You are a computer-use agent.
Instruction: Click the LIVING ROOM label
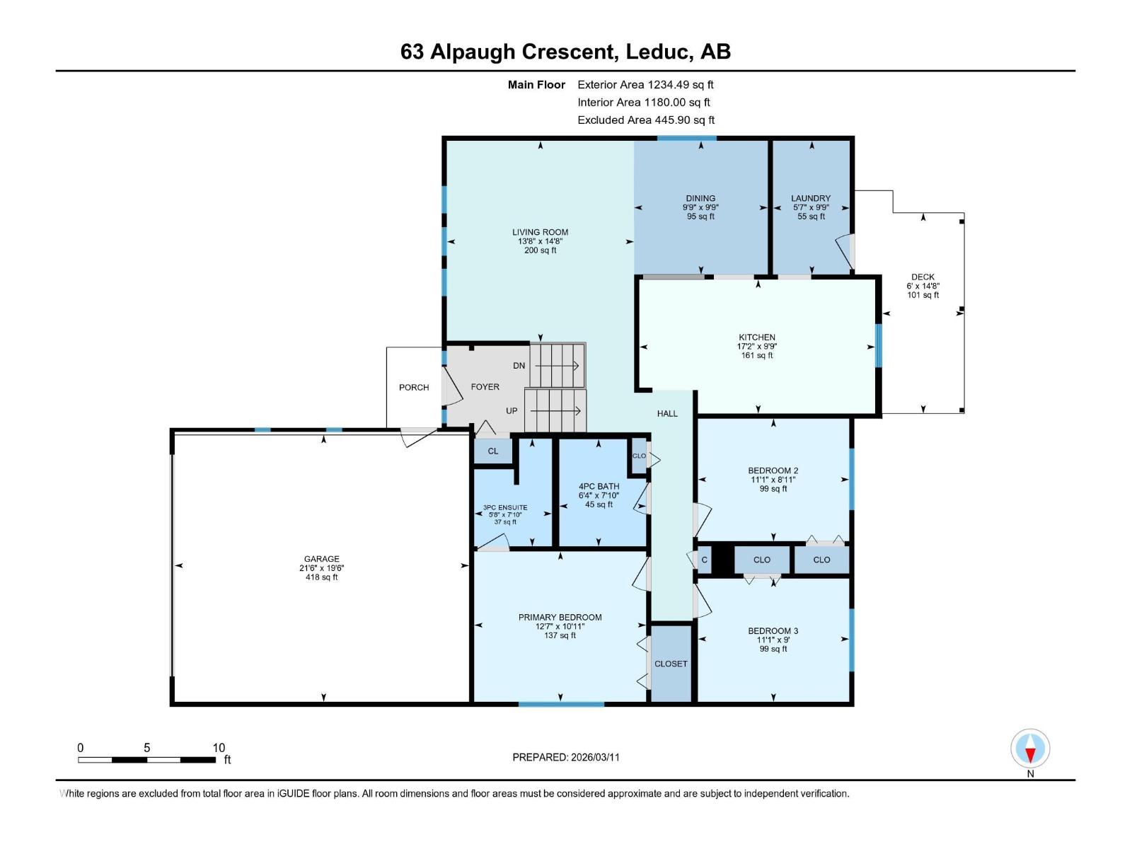click(540, 232)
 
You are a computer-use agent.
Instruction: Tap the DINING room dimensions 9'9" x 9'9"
click(700, 207)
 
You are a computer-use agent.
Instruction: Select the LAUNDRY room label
click(811, 198)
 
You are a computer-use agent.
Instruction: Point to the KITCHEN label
click(757, 337)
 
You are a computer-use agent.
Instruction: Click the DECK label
click(923, 277)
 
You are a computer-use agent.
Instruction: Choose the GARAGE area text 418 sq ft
click(321, 577)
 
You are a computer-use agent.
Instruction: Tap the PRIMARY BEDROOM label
click(560, 617)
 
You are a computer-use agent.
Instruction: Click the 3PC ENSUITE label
click(505, 507)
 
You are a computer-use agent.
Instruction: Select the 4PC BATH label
click(599, 486)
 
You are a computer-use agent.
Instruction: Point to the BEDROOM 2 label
click(773, 470)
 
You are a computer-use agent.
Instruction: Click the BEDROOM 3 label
click(773, 631)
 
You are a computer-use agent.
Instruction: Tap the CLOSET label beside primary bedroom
click(671, 664)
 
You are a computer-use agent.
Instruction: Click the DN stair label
click(519, 366)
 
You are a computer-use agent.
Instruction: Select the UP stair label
click(512, 411)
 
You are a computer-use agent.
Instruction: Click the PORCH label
click(414, 387)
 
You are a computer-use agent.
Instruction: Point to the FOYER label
click(485, 387)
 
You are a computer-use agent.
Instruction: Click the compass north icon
click(1030, 749)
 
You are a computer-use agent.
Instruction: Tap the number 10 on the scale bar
click(219, 747)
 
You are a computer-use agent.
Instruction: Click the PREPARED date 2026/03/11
click(594, 757)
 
